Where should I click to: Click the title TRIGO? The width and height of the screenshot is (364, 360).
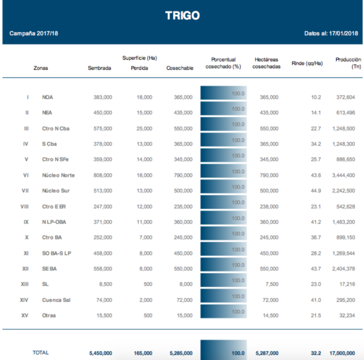[x=182, y=15]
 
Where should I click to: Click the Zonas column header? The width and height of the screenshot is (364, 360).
[x=41, y=68]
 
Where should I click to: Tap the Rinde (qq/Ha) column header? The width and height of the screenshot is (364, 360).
[x=307, y=63]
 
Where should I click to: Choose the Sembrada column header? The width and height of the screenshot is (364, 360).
[x=99, y=68]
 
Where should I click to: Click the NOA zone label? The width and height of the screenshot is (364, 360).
[x=48, y=97]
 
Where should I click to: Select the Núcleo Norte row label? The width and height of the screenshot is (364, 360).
[x=58, y=175]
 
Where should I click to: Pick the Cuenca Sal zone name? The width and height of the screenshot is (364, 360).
[x=56, y=300]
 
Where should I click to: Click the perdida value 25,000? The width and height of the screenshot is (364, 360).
[x=144, y=128]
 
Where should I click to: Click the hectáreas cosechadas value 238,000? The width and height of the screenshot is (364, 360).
[x=268, y=207]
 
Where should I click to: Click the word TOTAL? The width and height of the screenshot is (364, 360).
[x=41, y=353]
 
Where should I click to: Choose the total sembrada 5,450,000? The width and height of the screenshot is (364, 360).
[x=99, y=353]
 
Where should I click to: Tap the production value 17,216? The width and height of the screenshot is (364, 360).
[x=346, y=284]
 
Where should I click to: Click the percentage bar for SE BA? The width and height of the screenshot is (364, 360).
[x=223, y=269]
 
